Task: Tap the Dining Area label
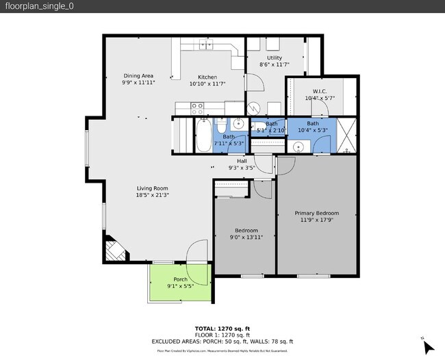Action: coord(138,75)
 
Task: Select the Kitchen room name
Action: coord(207,77)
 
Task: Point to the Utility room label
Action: coord(275,58)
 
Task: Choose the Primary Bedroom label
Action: coord(316,213)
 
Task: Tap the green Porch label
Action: coord(180,279)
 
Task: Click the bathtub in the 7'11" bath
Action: coord(203,134)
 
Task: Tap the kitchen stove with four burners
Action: coord(197,107)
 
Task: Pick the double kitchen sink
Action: coord(206,46)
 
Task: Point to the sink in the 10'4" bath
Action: coord(298,146)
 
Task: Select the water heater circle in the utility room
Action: coord(254,107)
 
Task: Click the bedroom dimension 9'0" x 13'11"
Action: coord(246,237)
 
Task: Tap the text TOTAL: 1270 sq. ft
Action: coord(222,328)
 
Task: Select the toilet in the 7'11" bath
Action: coord(222,127)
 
